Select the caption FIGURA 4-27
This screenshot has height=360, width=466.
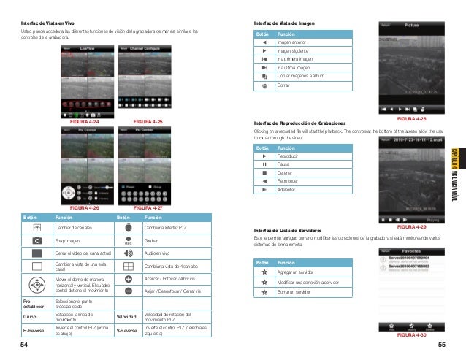pos(149,188)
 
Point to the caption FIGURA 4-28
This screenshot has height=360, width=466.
pos(411,118)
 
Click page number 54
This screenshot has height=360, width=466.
pos(23,344)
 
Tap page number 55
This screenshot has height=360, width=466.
pos(442,344)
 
